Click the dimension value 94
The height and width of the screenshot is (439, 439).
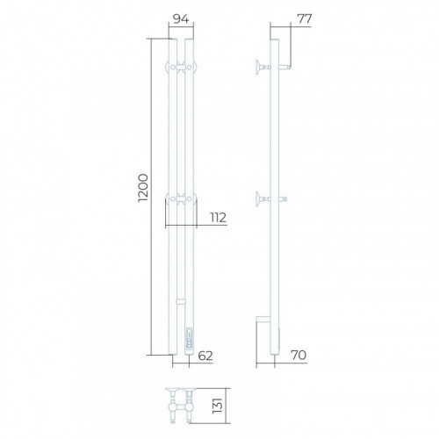[x=181, y=19]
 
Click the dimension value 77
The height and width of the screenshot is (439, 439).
[x=305, y=19]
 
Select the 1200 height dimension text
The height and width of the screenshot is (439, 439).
[x=143, y=188]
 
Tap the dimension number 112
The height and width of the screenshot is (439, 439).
[x=218, y=218]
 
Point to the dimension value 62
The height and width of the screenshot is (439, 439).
[x=205, y=356]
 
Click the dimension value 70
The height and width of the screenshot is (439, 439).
[x=299, y=355]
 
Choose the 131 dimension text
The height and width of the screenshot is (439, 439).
[x=218, y=406]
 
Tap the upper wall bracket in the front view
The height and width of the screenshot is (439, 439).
[x=181, y=67]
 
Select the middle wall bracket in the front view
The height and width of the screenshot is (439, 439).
[x=181, y=199]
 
